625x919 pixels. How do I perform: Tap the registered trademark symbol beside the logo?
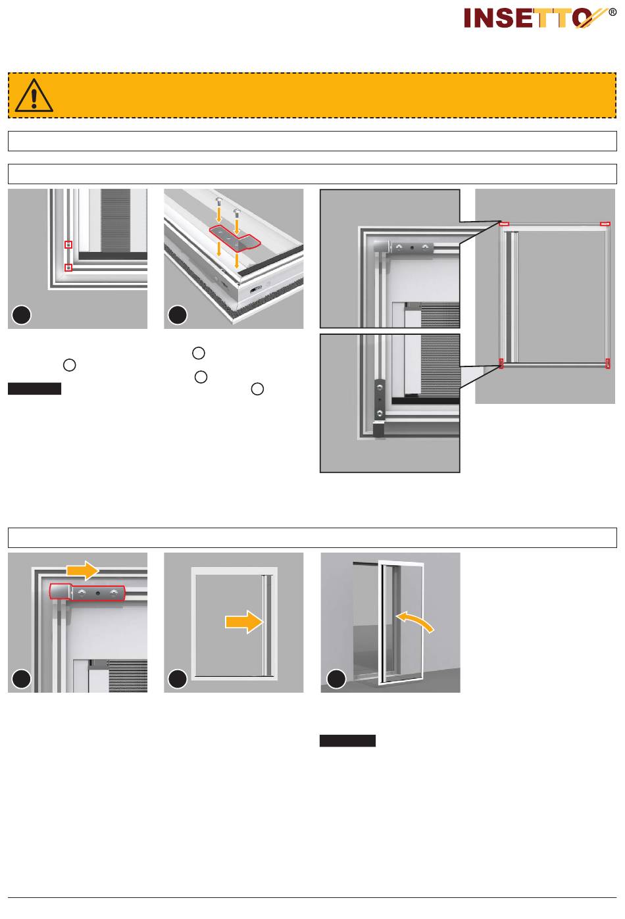click(x=612, y=12)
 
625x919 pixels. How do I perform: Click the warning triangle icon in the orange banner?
click(x=34, y=95)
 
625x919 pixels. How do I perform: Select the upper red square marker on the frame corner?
click(x=68, y=245)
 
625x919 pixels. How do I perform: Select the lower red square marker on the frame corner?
click(x=68, y=268)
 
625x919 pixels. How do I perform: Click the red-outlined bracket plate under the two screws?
click(x=234, y=238)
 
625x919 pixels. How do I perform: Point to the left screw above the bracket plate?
click(x=218, y=201)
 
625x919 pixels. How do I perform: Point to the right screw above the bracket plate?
click(x=236, y=212)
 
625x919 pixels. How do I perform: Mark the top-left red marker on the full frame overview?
click(x=505, y=224)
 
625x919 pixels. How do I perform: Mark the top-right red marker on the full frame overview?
click(x=605, y=224)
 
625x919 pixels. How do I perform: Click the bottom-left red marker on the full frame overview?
click(x=501, y=364)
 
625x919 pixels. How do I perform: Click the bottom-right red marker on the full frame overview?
click(x=608, y=364)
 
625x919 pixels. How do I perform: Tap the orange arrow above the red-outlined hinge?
click(x=82, y=570)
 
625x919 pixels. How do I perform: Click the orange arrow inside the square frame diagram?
click(x=244, y=622)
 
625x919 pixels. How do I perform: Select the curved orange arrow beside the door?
click(x=414, y=620)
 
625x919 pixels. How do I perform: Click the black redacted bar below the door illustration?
click(x=347, y=741)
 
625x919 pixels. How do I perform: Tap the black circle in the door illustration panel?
click(x=336, y=679)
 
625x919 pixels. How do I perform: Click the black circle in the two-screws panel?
click(x=178, y=315)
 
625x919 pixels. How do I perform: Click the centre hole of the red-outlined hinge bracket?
click(x=97, y=593)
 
